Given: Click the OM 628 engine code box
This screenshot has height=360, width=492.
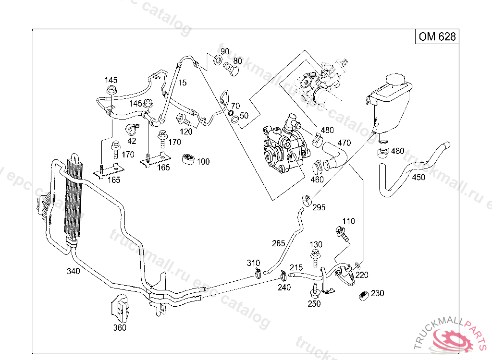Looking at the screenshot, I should [x=437, y=36].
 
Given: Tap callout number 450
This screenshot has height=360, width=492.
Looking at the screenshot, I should [x=418, y=178].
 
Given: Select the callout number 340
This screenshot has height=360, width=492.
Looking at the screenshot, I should [x=74, y=271].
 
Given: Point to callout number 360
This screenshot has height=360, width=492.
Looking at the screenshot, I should [x=120, y=328].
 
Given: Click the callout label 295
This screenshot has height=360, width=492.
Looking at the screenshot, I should [x=319, y=207].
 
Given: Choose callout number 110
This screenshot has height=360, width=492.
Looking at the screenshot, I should [x=348, y=221].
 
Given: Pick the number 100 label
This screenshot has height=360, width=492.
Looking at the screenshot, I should [x=203, y=162].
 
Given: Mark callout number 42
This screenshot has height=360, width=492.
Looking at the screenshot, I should [x=132, y=141].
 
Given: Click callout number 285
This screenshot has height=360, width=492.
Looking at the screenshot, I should [x=279, y=243].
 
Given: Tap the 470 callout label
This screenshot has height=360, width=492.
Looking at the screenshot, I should [x=344, y=143].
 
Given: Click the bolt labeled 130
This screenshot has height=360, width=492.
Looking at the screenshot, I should [x=316, y=257].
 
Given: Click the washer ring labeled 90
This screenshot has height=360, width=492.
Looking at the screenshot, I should [x=217, y=60].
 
